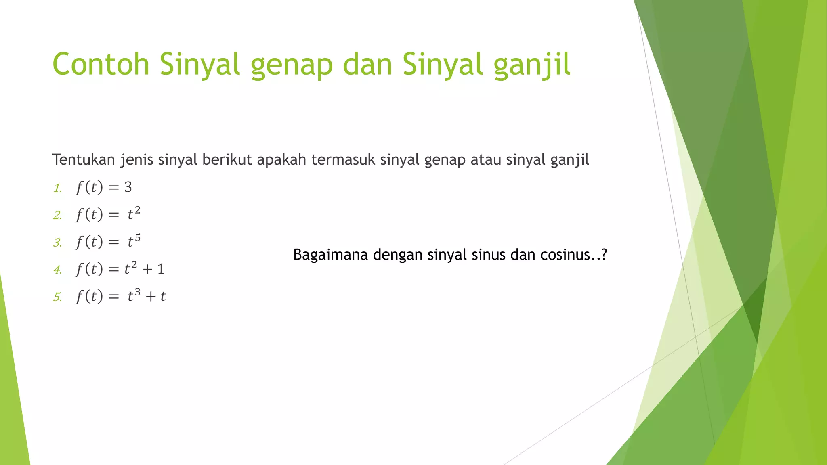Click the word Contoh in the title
tap(101, 64)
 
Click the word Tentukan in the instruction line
tap(84, 160)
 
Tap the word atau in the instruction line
tap(486, 160)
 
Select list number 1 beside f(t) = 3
tap(57, 189)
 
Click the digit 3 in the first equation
tap(128, 187)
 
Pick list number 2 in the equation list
tap(57, 216)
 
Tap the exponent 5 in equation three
tap(138, 238)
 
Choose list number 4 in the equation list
tap(57, 270)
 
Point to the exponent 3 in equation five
tap(138, 292)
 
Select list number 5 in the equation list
tap(57, 297)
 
